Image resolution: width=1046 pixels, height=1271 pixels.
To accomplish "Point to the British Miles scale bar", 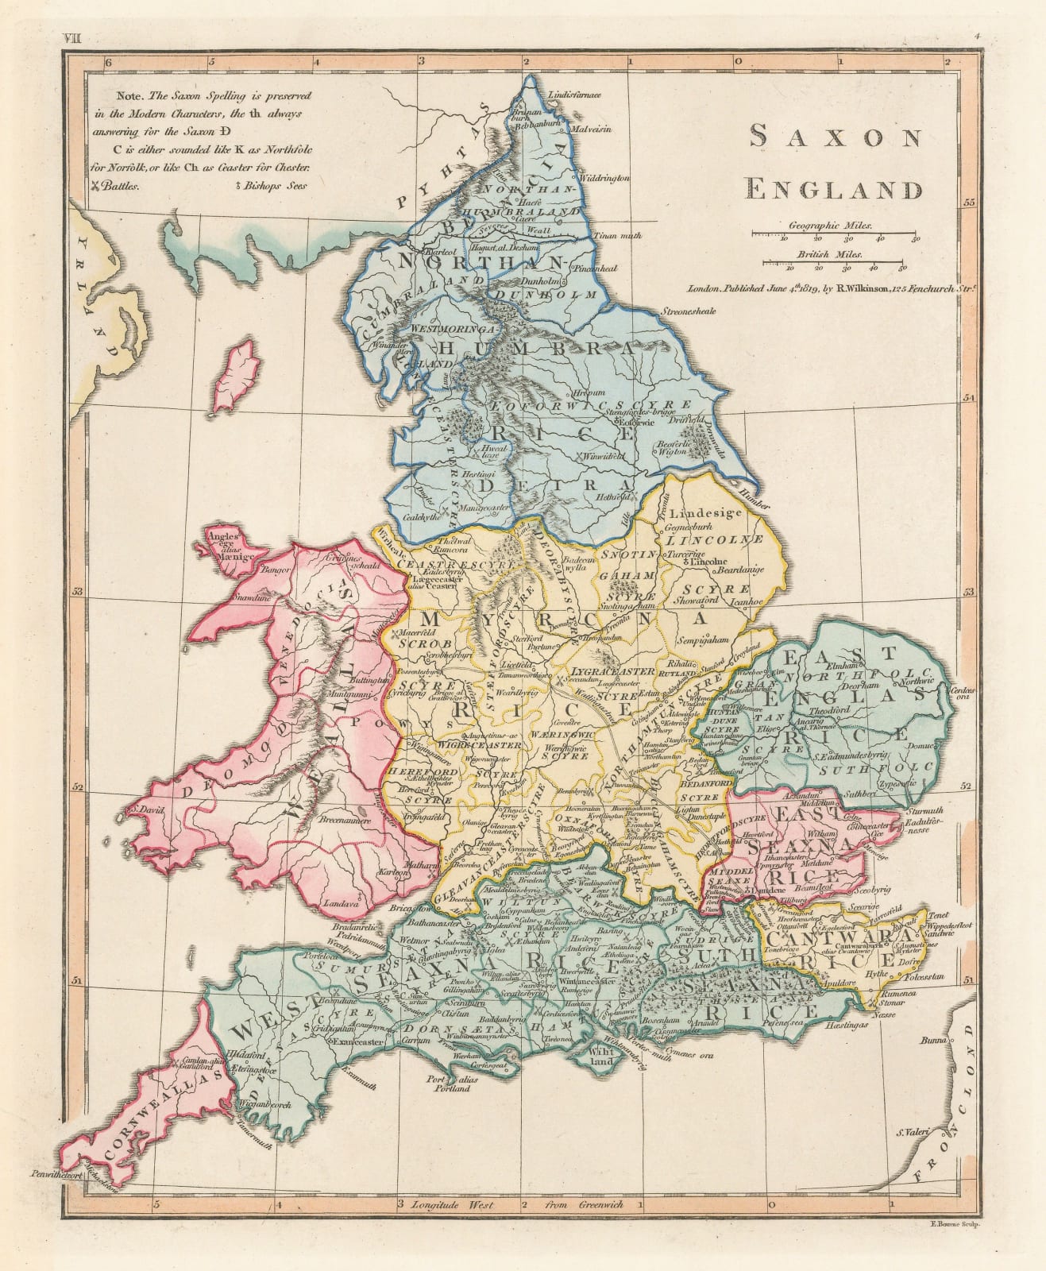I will [x=838, y=261].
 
